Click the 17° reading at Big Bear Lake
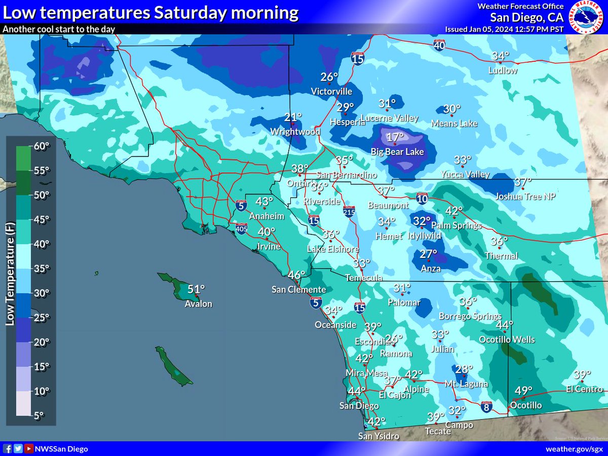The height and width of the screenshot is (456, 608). pos(395,137)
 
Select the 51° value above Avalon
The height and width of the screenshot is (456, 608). pos(197,290)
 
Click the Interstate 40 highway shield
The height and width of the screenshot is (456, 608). pos(439,46)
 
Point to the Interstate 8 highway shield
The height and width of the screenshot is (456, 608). pos(486,407)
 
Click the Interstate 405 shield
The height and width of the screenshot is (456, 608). pos(241,229)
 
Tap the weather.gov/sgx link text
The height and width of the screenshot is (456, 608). pos(574,449)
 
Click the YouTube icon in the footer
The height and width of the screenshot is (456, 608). pos(28,449)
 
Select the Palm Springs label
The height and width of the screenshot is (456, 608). pos(456,225)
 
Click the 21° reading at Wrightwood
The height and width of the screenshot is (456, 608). pos(293,118)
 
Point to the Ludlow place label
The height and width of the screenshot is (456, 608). pos(503,70)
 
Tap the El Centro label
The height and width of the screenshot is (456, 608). pos(584,390)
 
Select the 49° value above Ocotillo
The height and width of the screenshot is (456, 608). pos(524,391)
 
